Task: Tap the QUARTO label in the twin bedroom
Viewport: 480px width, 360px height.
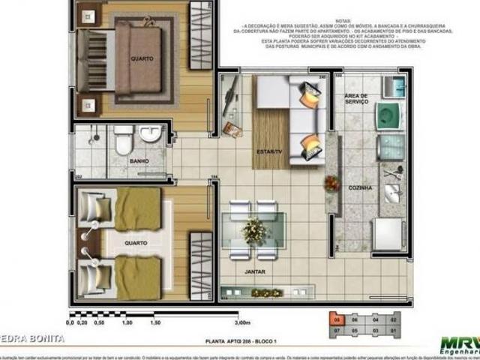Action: pos(136,242)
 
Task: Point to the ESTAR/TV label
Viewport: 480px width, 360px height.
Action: pos(268,151)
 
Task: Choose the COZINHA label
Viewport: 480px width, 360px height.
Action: pos(360,187)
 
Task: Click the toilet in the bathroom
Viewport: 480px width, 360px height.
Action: pos(124,138)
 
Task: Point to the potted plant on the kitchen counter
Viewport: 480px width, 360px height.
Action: pos(329,183)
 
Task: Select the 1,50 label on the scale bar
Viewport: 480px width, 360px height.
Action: pos(154,322)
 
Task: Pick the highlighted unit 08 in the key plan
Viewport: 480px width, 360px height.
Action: pos(337,319)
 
